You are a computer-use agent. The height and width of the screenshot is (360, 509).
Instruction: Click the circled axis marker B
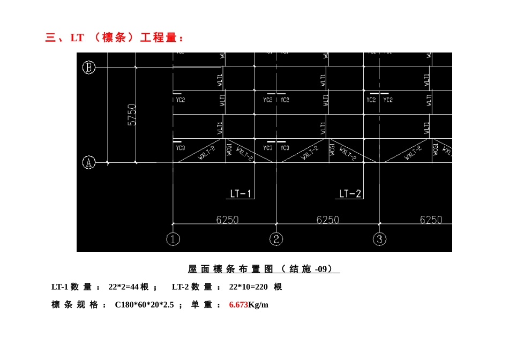coord(89,67)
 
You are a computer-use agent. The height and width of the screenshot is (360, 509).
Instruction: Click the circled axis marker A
coord(89,162)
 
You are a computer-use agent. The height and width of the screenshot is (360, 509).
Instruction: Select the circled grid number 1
coord(173,239)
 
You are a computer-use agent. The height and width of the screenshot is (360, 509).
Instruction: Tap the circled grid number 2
coord(276,239)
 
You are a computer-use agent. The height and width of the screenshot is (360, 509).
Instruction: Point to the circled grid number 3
coord(379,239)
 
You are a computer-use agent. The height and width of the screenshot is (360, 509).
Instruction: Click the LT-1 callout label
coord(241,193)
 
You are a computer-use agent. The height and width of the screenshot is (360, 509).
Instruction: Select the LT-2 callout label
coord(350,193)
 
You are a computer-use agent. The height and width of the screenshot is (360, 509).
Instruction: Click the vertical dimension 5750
coord(132,115)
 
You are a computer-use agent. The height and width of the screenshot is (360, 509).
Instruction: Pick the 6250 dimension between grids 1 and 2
coord(227,220)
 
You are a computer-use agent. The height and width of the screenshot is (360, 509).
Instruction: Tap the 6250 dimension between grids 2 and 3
coord(327,220)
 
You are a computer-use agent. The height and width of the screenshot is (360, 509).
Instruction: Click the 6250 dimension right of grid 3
coord(431,220)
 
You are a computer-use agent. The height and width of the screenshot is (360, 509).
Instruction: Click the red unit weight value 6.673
coord(238,305)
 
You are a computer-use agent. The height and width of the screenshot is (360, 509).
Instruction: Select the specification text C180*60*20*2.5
coord(144,305)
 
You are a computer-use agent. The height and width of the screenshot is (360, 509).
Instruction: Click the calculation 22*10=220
coord(248,287)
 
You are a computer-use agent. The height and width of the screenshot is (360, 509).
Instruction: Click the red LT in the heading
coord(77,38)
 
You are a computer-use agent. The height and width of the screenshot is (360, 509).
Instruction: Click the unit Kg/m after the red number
coord(258,305)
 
